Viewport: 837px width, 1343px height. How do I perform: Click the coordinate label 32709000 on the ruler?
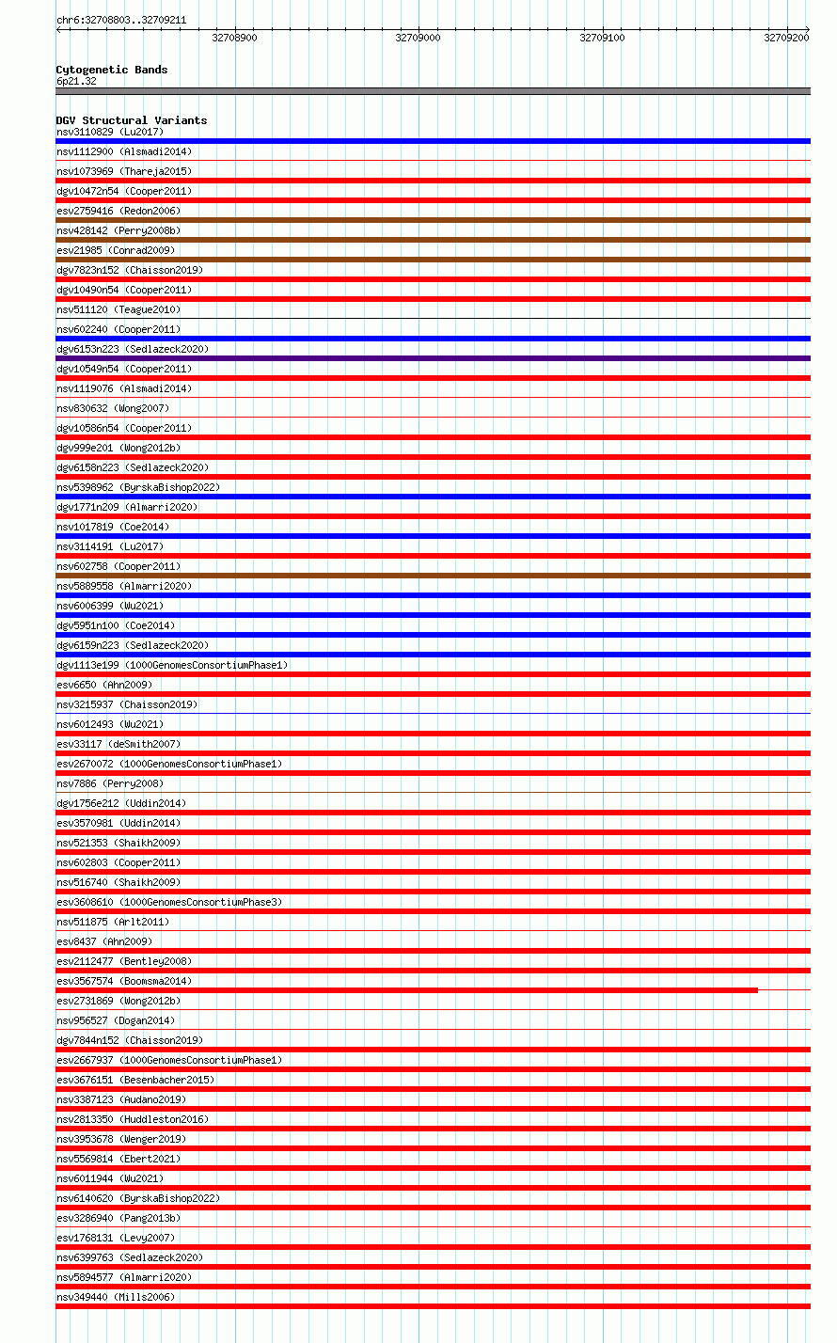tap(418, 38)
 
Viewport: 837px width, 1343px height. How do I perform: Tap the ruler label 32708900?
tap(234, 38)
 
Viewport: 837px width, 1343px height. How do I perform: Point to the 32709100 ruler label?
tap(602, 38)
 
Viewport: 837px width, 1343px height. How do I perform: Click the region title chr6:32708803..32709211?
tap(121, 20)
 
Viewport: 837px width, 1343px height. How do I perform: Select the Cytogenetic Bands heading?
tap(112, 70)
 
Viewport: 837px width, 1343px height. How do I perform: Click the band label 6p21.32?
tap(76, 81)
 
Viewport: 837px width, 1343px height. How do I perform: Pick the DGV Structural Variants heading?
tap(132, 120)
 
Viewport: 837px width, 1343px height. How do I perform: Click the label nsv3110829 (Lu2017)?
tap(110, 132)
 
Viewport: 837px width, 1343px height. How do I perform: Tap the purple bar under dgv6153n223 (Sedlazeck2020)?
tap(433, 358)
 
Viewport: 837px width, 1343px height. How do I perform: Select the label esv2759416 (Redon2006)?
tap(118, 211)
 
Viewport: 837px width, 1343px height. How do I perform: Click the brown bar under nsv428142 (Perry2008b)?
tap(433, 240)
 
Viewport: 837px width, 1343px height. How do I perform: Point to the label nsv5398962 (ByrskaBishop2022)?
tap(138, 487)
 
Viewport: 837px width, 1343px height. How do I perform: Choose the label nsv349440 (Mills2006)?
tap(116, 1297)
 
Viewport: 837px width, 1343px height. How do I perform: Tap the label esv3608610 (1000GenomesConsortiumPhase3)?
tap(169, 902)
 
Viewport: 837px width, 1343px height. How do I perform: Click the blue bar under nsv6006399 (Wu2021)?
tap(433, 615)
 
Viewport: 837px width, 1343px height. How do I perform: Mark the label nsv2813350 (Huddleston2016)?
tap(133, 1119)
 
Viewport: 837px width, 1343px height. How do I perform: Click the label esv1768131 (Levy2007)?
tap(116, 1238)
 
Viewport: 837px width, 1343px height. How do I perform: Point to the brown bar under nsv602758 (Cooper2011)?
tap(433, 576)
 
